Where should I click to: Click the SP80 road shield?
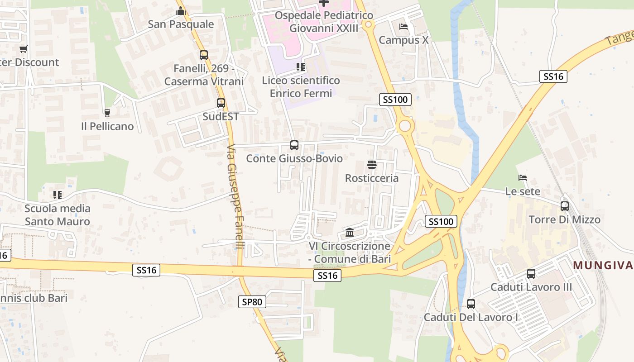pos(252,302)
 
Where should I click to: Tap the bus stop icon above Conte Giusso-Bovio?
pos(294,145)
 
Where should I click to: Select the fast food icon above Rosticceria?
pos(372,165)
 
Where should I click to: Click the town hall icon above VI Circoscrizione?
pos(350,233)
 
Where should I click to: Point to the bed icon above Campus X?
pos(403,27)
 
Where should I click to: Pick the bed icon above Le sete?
pos(523,178)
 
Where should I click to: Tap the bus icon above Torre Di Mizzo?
pos(565,206)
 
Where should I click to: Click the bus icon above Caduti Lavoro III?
pos(531,274)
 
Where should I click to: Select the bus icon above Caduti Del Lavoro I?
pos(471,304)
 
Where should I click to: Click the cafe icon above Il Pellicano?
pos(107,113)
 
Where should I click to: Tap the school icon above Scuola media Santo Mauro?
pos(58,195)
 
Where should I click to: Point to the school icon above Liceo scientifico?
pos(301,67)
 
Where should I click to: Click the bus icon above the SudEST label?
pos(221,103)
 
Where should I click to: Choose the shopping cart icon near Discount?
pos(24,49)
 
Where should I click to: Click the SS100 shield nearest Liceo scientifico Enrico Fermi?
pos(395,100)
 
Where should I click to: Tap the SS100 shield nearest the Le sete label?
pos(441,221)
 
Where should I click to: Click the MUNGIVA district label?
pos(603,265)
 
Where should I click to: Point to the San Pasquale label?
pos(181,24)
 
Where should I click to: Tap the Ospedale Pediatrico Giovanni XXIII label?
pos(324,22)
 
